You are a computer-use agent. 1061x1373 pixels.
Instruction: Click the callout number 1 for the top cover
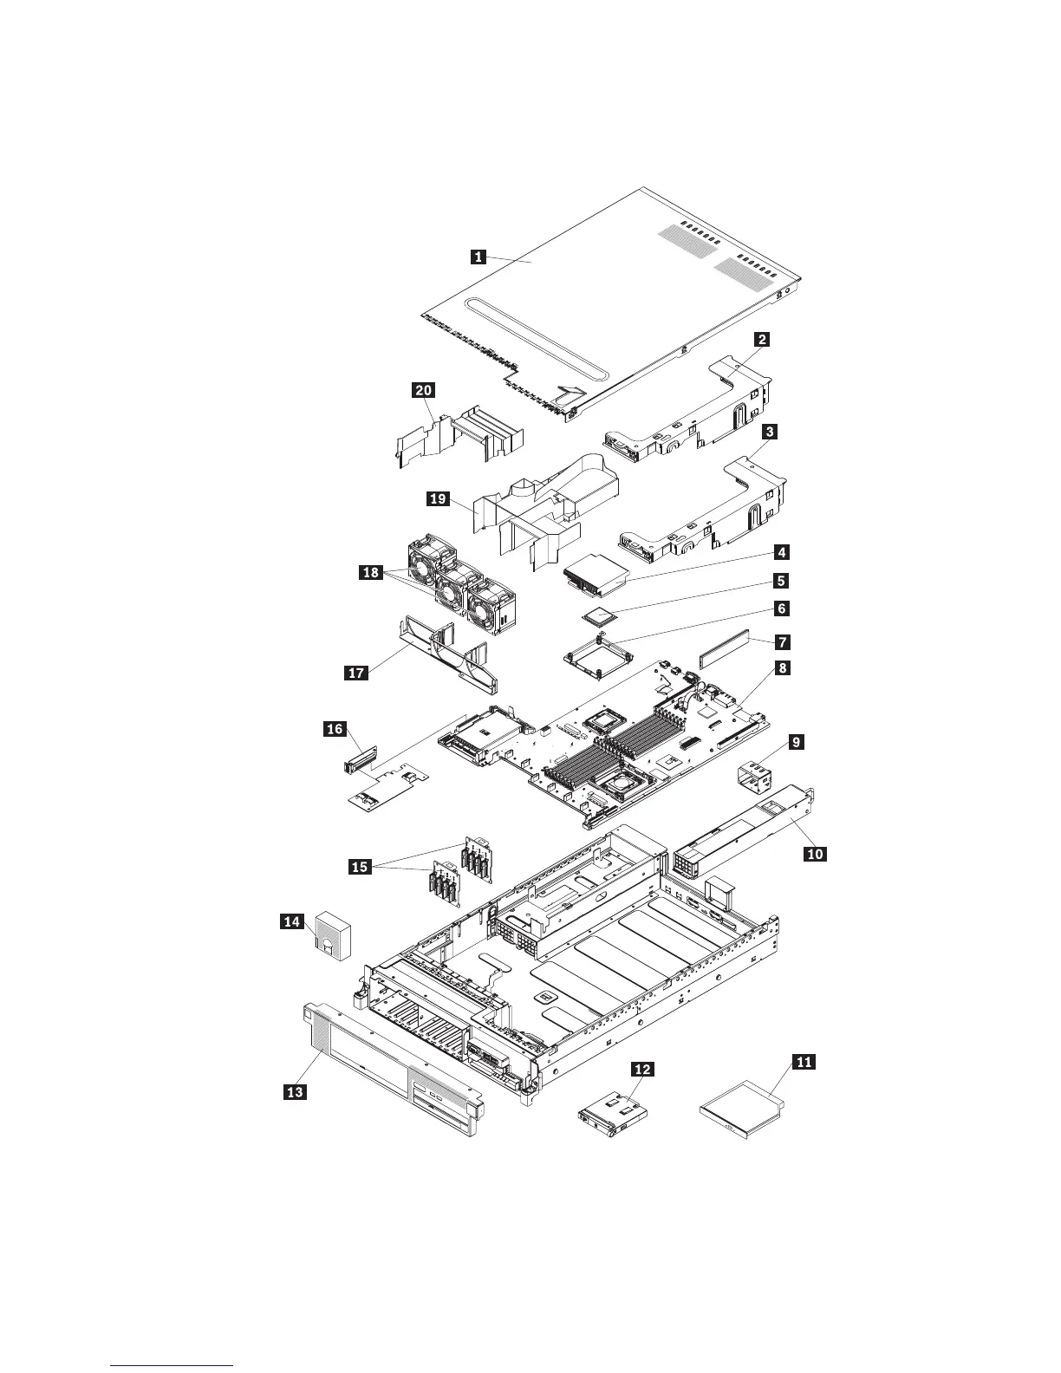(x=478, y=256)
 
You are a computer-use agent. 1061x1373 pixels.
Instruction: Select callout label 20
(x=424, y=391)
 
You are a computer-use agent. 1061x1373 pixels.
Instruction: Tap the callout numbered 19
(x=439, y=498)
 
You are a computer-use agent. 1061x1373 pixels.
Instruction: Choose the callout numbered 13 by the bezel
(x=296, y=1092)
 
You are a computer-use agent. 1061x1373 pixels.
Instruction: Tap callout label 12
(x=641, y=1070)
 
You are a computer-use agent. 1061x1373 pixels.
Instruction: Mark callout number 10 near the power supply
(x=815, y=854)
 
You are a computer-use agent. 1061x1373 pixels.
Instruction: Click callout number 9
(x=797, y=742)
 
